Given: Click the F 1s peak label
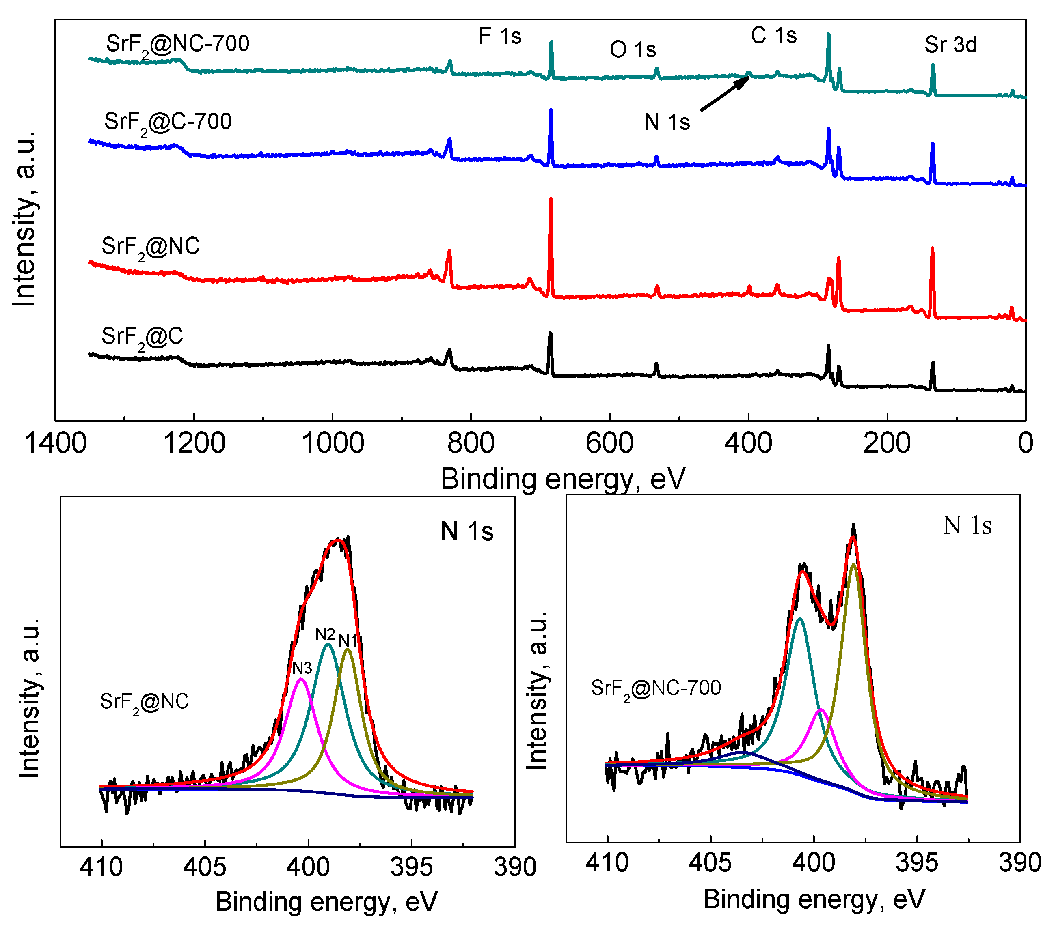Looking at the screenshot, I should pyautogui.click(x=500, y=36).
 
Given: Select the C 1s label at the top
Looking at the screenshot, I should pyautogui.click(x=773, y=36).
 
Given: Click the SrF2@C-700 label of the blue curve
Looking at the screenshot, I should pyautogui.click(x=168, y=123).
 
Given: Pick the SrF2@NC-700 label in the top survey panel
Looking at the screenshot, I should pyautogui.click(x=177, y=44).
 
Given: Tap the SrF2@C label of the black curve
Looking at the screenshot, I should pyautogui.click(x=142, y=337).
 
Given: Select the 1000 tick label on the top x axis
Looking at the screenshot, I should pyautogui.click(x=332, y=443).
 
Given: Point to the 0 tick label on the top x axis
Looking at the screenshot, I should pyautogui.click(x=1025, y=443).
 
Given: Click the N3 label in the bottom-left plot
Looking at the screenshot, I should pyautogui.click(x=302, y=668).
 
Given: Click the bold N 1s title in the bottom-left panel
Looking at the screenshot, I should pyautogui.click(x=466, y=531).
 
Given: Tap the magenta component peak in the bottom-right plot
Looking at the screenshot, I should pyautogui.click(x=821, y=711).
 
